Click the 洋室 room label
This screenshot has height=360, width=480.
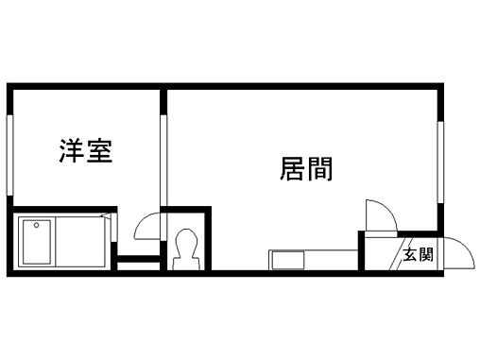pos(86,151)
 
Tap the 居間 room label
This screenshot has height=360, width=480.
pos(305,168)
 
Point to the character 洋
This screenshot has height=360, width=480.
pos(73,151)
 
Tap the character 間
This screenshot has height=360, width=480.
pos(319,168)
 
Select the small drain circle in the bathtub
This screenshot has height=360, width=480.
pos(35,226)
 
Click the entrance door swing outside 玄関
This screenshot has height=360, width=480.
pos(459,252)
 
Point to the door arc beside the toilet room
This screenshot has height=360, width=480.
pos(148,227)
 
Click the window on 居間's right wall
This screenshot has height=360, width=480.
pos(440,161)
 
